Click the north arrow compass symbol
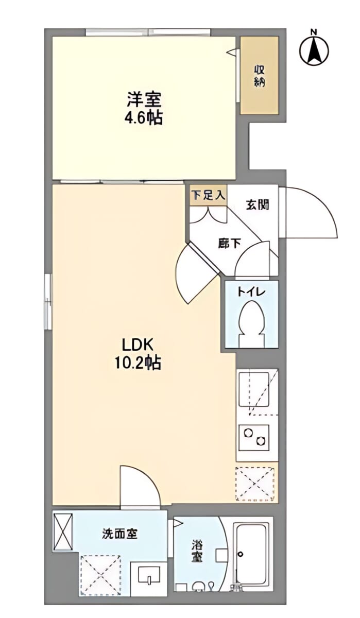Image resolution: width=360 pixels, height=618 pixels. coord(315,48)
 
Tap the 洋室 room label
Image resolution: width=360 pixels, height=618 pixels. coord(144,99)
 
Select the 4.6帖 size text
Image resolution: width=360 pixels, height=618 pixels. coord(144,118)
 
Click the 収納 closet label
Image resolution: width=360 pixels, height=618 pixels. coord(259,76)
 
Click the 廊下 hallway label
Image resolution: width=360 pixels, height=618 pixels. coord(229,243)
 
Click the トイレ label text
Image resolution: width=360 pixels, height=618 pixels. coord(251,291)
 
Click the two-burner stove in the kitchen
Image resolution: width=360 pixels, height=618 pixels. coord(254,438)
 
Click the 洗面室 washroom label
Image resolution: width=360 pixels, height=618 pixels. coord(120,534)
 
